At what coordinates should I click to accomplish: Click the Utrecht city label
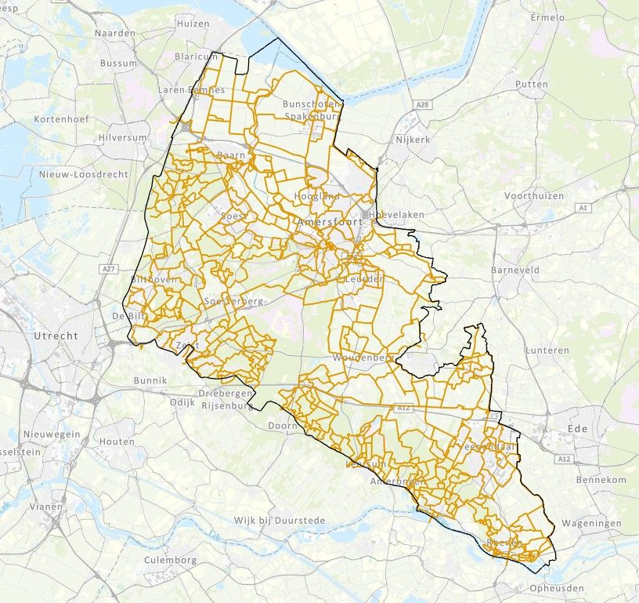(56, 336)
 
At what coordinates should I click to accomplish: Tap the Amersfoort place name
(330, 223)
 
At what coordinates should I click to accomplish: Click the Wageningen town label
(592, 523)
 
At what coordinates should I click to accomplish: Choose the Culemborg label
(171, 561)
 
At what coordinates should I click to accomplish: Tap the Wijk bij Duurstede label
(283, 521)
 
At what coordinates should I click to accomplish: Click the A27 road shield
(108, 269)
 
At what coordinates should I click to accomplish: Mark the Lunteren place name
(547, 351)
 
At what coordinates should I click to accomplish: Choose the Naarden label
(115, 34)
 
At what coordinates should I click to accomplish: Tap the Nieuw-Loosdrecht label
(84, 175)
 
